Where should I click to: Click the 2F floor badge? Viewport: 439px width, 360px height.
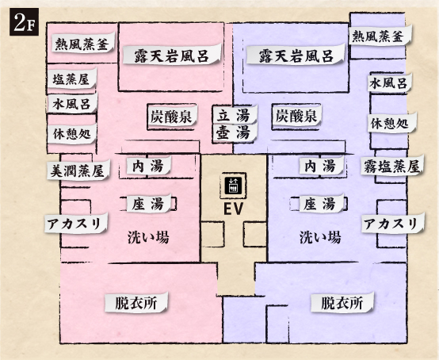click(24, 22)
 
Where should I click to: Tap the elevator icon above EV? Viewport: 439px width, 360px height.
click(233, 186)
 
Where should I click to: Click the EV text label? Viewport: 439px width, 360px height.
click(233, 209)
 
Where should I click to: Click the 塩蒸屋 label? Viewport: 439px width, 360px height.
click(71, 79)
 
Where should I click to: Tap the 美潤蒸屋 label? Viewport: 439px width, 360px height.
click(78, 170)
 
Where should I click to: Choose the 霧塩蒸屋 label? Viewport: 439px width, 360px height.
click(392, 166)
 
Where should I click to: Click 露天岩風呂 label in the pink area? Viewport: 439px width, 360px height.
click(171, 55)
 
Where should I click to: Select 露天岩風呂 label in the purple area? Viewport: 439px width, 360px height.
click(296, 55)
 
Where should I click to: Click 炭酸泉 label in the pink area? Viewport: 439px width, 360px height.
click(172, 116)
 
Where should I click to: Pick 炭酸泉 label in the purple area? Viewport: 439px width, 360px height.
click(296, 116)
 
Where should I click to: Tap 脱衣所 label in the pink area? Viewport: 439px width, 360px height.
click(136, 302)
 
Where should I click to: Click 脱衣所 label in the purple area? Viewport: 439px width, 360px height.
click(342, 302)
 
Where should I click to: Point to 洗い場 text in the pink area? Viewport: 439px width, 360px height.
click(148, 238)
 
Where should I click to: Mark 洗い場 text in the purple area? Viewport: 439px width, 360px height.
click(320, 238)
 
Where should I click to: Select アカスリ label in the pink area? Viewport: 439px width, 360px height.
click(76, 224)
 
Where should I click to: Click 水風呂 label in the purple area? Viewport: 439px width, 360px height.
click(389, 82)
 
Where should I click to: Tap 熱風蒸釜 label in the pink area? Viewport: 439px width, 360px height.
click(82, 43)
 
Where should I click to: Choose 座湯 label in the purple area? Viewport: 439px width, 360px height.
click(322, 204)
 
